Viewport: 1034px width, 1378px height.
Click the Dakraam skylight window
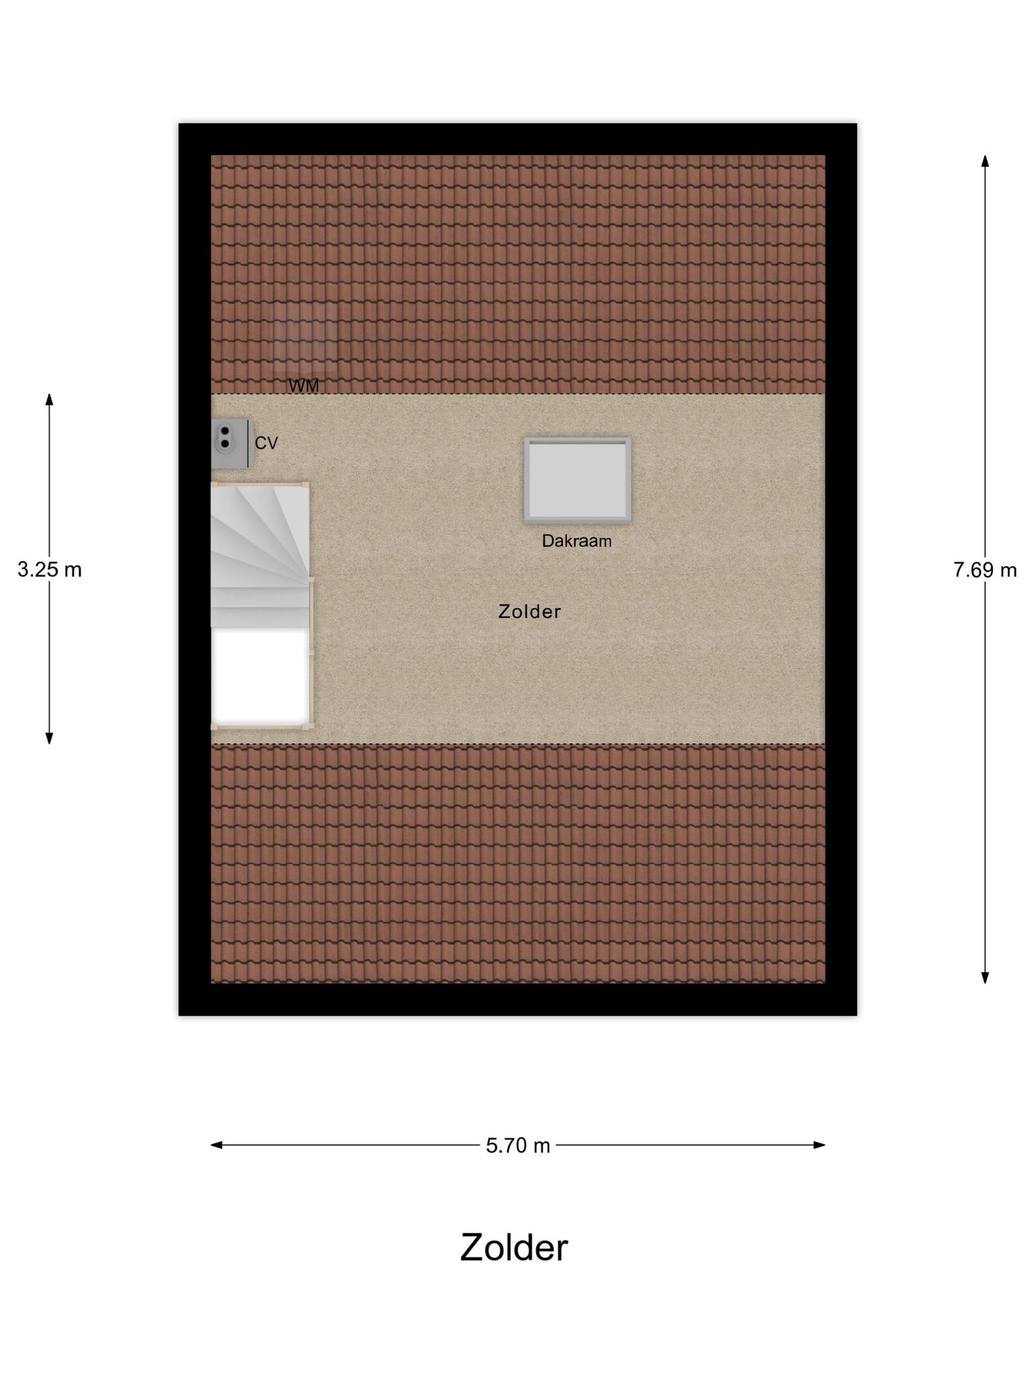(x=578, y=480)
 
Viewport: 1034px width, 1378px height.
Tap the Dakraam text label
(x=577, y=541)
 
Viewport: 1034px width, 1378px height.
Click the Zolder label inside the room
(x=529, y=612)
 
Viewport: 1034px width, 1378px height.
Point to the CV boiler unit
(x=231, y=443)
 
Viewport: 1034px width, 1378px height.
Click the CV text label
(x=266, y=443)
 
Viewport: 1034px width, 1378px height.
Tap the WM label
(x=304, y=386)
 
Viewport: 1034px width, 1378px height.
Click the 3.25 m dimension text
(x=49, y=570)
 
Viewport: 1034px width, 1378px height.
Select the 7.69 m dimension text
(x=985, y=570)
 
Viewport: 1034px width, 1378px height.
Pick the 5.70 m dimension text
(x=518, y=1145)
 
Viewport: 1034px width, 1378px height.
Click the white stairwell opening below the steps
(x=260, y=676)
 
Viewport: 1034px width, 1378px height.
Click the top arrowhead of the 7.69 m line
(x=985, y=161)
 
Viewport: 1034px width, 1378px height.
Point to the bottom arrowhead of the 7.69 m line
(x=985, y=978)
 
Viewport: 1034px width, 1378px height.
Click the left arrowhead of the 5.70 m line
(x=217, y=1145)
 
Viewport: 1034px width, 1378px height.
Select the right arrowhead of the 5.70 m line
(x=819, y=1145)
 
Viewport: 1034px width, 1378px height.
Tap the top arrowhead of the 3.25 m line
(x=49, y=400)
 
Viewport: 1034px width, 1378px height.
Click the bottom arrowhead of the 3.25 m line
(x=49, y=738)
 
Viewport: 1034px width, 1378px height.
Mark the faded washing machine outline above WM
(x=304, y=338)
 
